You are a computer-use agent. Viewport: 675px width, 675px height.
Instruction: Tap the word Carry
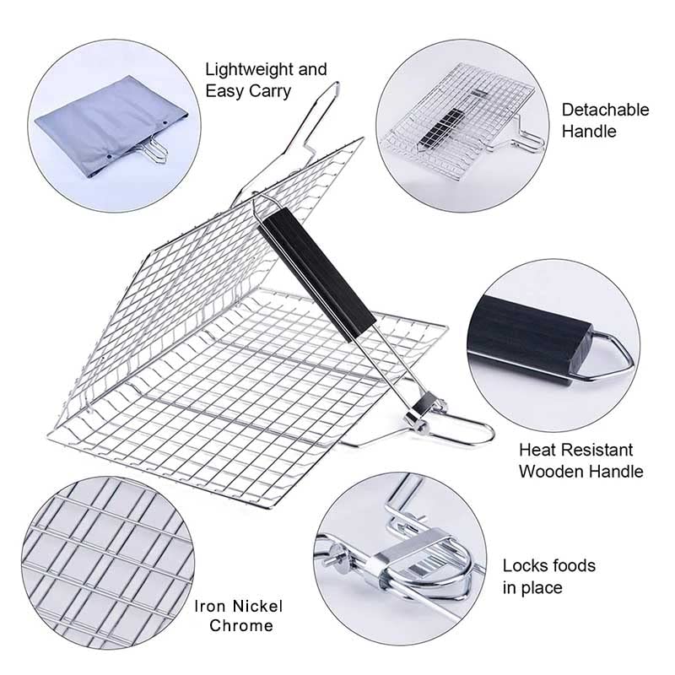(268, 91)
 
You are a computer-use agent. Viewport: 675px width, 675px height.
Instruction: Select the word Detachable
(605, 110)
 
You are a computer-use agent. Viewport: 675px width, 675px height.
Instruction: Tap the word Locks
(525, 565)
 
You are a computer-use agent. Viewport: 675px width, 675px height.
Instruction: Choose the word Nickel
(255, 606)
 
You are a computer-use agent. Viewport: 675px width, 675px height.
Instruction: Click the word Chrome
(241, 626)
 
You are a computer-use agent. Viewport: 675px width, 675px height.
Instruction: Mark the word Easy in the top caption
(221, 91)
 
